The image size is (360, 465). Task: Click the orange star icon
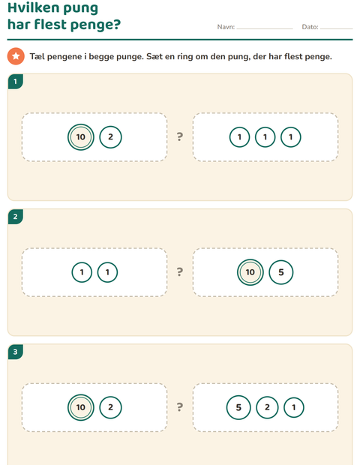[16, 56]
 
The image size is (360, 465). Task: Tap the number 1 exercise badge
[16, 81]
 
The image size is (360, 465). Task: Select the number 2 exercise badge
[16, 217]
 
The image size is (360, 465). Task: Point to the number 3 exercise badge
[16, 352]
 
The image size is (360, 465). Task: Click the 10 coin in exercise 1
[81, 137]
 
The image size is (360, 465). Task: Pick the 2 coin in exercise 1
[110, 137]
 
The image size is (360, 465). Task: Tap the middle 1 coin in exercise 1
[265, 137]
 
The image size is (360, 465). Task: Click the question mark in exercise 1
[180, 136]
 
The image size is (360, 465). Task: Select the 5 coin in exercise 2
[280, 272]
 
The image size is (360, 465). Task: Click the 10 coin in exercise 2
[250, 272]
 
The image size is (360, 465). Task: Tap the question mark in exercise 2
[180, 271]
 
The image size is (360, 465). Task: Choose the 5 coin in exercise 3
[238, 407]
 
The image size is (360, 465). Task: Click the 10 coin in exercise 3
[81, 407]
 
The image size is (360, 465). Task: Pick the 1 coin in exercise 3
[293, 407]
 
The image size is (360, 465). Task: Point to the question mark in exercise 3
[180, 406]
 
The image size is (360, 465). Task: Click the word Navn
[226, 27]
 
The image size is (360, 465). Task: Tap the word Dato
[310, 27]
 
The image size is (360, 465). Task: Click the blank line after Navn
[265, 29]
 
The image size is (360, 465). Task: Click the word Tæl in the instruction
[37, 56]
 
